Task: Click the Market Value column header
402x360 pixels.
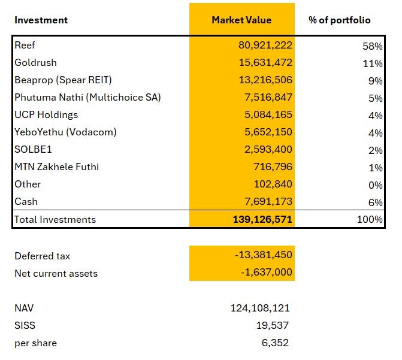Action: tap(241, 20)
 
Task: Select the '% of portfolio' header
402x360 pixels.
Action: tap(340, 20)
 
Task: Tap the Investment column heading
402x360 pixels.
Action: tap(41, 20)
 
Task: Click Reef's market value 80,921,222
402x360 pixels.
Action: tap(265, 45)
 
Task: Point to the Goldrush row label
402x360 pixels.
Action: tap(35, 62)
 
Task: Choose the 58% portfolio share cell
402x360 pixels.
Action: tap(373, 46)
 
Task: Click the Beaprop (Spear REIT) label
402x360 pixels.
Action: tap(63, 80)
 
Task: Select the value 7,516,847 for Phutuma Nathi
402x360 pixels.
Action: tap(268, 97)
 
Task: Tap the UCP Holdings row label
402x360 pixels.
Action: tap(46, 114)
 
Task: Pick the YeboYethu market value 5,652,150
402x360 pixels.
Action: tap(268, 132)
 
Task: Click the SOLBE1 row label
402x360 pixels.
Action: tap(33, 150)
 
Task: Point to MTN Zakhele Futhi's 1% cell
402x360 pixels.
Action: tap(376, 168)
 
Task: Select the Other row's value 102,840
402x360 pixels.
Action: tap(273, 184)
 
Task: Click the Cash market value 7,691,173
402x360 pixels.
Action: tap(268, 201)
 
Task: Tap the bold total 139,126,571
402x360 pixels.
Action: tap(262, 219)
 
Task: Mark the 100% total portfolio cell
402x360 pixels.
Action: tap(370, 219)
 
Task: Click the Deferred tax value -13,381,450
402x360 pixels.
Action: tap(264, 255)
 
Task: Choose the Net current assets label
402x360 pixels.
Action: tap(56, 273)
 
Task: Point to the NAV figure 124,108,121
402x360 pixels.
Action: tap(260, 308)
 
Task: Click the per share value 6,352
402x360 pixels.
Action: tap(275, 343)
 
